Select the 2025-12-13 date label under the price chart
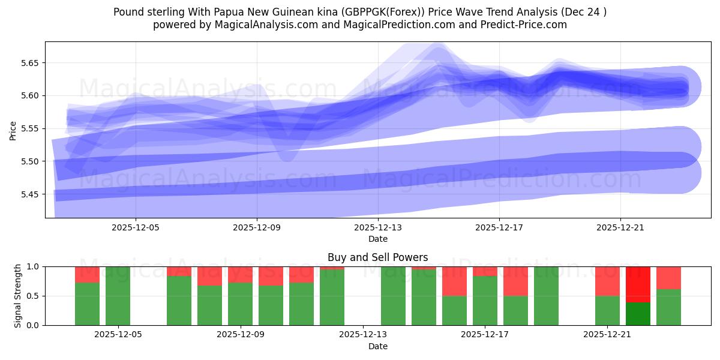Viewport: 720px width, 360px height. point(378,228)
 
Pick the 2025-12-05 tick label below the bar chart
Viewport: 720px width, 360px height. point(118,335)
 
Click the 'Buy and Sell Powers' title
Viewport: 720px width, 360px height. point(378,257)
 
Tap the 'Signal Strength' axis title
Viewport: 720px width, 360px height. point(18,296)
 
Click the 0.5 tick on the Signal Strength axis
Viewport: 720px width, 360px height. point(34,296)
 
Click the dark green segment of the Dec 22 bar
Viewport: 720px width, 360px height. point(638,314)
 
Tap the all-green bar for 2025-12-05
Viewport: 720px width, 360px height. point(118,296)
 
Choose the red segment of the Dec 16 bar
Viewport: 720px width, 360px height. point(454,281)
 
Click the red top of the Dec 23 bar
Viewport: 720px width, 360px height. point(668,278)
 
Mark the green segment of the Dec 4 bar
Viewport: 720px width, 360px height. point(87,304)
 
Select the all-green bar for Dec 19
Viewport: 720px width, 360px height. point(546,296)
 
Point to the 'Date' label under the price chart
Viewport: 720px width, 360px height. point(378,239)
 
